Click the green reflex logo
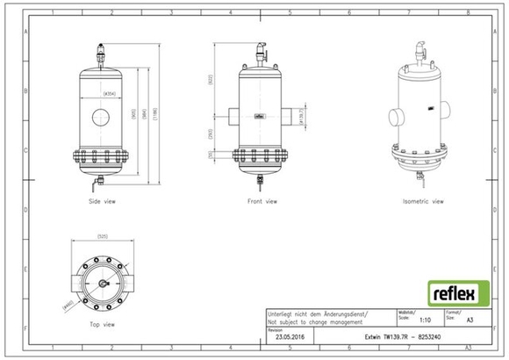pyautogui.click(x=458, y=292)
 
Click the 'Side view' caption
pyautogui.click(x=103, y=201)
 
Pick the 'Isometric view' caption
pyautogui.click(x=422, y=201)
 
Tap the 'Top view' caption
pyautogui.click(x=103, y=324)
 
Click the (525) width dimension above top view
pyautogui.click(x=102, y=237)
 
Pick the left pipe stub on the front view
pyautogui.click(x=230, y=116)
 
